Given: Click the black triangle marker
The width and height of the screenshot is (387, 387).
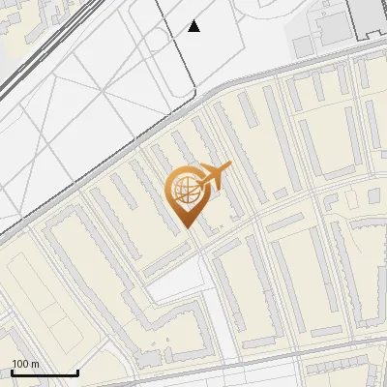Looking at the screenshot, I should tap(194, 26).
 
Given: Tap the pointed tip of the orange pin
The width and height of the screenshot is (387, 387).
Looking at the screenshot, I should tap(186, 228).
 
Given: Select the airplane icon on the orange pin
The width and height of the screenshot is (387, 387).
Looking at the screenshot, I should tap(214, 175).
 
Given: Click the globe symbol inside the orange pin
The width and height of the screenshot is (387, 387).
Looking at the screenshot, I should tap(185, 191).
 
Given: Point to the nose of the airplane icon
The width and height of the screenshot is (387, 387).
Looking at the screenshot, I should tap(230, 165).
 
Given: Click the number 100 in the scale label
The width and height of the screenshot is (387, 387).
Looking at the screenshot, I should tap(20, 364).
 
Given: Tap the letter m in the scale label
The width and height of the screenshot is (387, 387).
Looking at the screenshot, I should tap(35, 364).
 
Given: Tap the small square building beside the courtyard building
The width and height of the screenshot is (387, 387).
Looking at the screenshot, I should tap(303, 46).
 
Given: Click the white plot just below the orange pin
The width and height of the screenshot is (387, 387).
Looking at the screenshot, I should tap(174, 281).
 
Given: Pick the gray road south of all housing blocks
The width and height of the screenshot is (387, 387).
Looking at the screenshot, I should tap(290, 362).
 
